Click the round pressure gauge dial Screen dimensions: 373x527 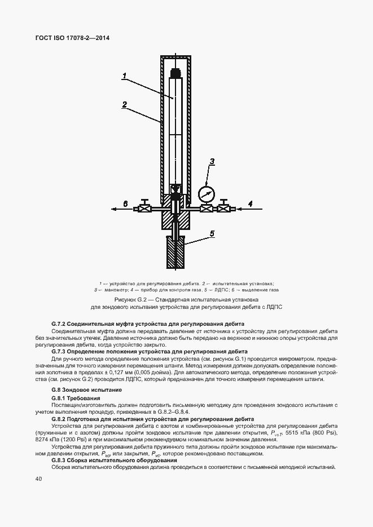pyautogui.click(x=206, y=194)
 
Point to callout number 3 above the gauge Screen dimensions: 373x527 pyautogui.click(x=212, y=162)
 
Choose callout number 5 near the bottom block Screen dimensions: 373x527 pyautogui.click(x=212, y=233)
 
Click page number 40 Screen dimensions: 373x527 pyautogui.click(x=38, y=479)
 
